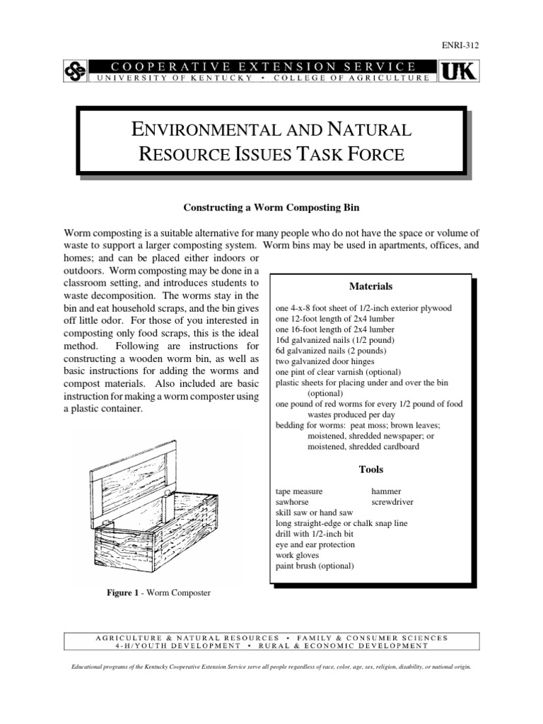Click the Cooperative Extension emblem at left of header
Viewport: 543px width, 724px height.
(75, 71)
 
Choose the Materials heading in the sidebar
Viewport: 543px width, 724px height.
(371, 286)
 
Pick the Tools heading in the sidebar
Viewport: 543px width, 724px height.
(371, 469)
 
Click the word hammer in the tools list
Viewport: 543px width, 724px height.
(387, 491)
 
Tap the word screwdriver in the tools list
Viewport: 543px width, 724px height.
(392, 502)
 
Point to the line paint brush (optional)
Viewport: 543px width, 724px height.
(315, 566)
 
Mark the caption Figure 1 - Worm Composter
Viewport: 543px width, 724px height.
(158, 592)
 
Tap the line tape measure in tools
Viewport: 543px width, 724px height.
(299, 491)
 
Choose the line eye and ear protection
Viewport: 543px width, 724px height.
(315, 545)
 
